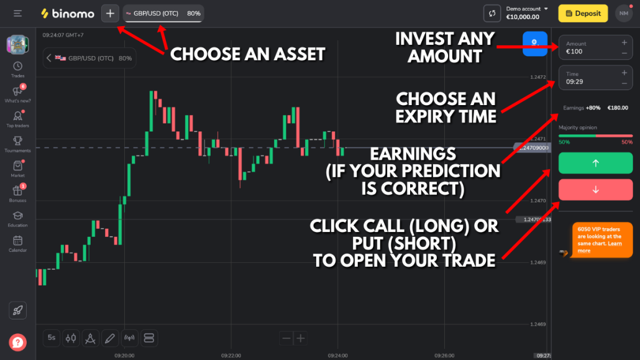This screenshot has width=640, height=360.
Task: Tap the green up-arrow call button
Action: pyautogui.click(x=595, y=163)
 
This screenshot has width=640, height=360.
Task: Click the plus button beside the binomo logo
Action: pyautogui.click(x=110, y=13)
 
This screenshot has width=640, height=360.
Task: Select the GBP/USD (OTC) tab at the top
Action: pyautogui.click(x=163, y=13)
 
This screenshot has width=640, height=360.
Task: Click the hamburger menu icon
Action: pyautogui.click(x=17, y=13)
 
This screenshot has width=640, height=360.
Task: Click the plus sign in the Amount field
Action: pyautogui.click(x=624, y=43)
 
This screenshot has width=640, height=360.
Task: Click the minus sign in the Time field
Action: pyautogui.click(x=624, y=82)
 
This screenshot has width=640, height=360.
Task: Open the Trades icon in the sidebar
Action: pyautogui.click(x=17, y=68)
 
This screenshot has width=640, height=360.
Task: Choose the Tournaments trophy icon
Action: pyautogui.click(x=17, y=143)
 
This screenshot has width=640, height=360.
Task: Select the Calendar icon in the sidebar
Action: pyautogui.click(x=17, y=242)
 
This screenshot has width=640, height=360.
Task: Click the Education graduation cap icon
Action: pyautogui.click(x=17, y=218)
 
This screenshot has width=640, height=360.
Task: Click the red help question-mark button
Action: pyautogui.click(x=17, y=341)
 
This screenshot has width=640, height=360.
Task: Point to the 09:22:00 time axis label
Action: pyautogui.click(x=231, y=356)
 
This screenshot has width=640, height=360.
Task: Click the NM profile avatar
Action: pyautogui.click(x=623, y=13)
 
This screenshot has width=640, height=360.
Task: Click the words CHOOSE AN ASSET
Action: pyautogui.click(x=247, y=55)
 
